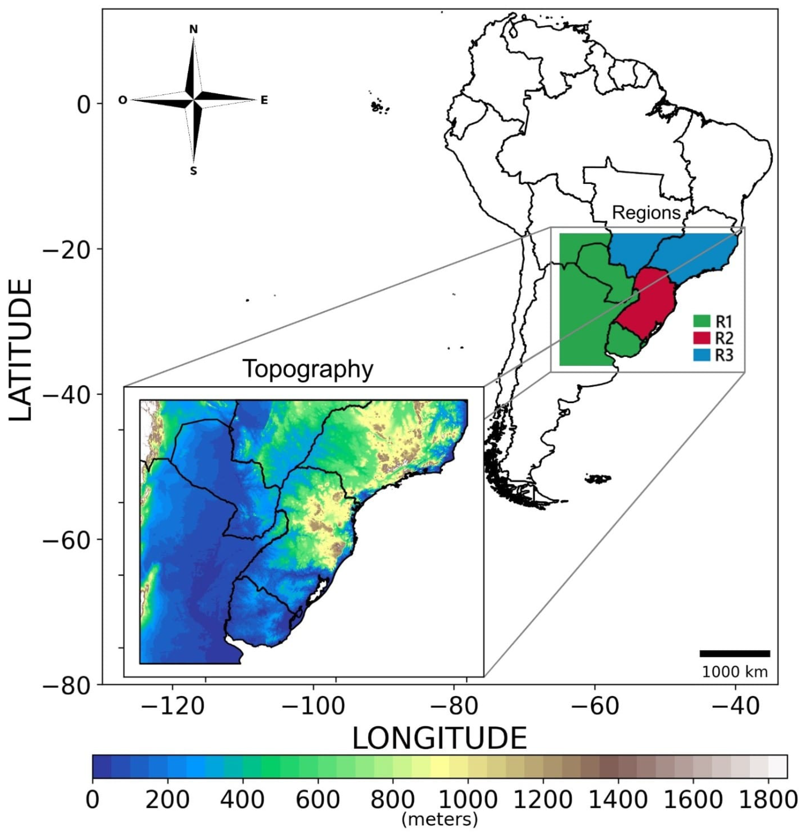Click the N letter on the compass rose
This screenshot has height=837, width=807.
point(193,29)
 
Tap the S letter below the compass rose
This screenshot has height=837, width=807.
point(193,171)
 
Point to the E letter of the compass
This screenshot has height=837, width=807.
point(264,100)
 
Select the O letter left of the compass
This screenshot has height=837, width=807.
point(123,100)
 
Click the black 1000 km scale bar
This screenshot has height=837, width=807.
point(734,654)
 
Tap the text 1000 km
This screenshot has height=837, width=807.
point(734,672)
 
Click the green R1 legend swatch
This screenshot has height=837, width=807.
point(701,321)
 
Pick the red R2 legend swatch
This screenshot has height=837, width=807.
point(701,338)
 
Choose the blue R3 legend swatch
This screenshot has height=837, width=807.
point(701,355)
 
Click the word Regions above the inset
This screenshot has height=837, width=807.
point(646,213)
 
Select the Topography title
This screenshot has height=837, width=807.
point(308,369)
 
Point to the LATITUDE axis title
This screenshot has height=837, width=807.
point(20,350)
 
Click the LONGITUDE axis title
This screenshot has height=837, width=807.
point(439,739)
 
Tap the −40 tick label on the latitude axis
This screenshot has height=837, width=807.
point(66,394)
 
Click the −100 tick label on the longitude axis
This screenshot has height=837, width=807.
point(313,707)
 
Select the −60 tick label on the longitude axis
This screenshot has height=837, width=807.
point(594,707)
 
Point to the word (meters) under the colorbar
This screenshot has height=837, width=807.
point(439,820)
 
